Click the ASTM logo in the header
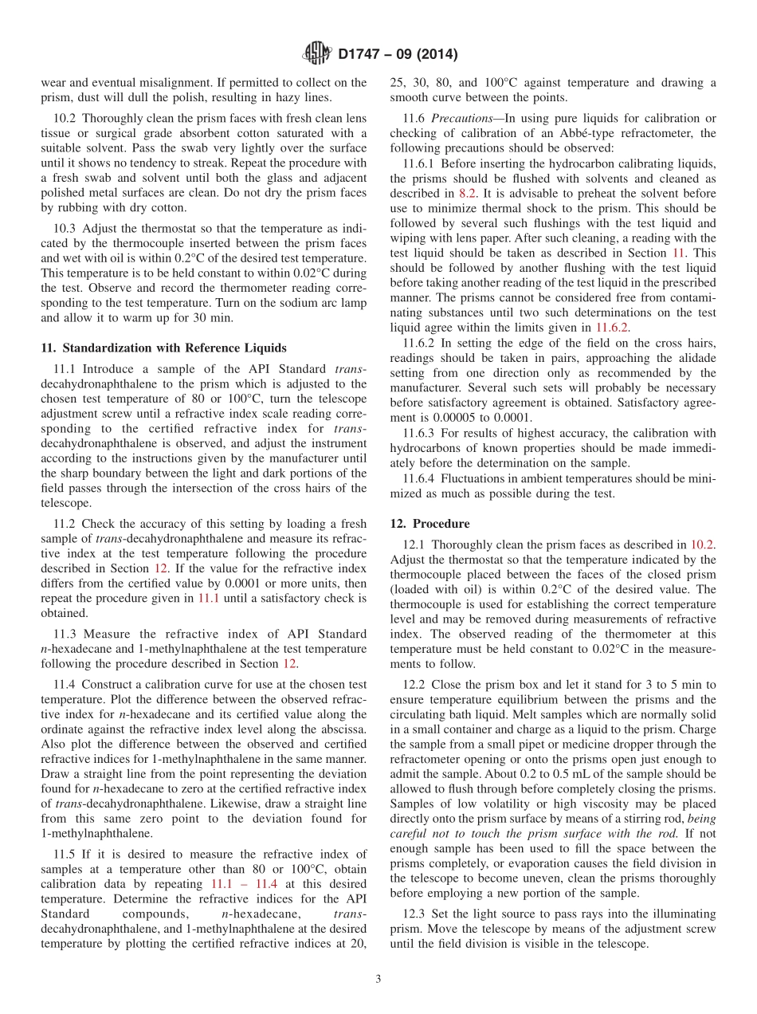(318, 55)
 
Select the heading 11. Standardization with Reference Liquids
(163, 348)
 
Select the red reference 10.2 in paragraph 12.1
(702, 544)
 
